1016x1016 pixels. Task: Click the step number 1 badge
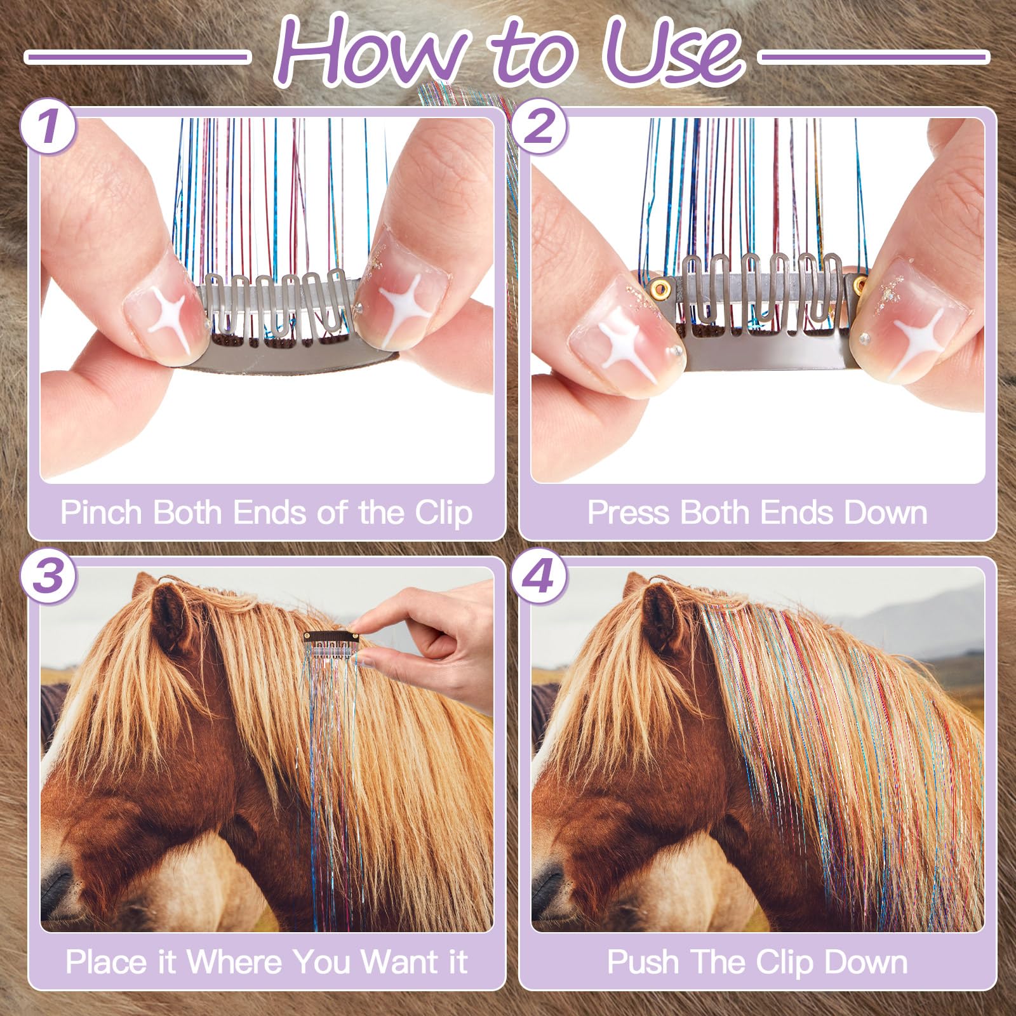[49, 128]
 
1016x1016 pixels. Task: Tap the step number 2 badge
[540, 128]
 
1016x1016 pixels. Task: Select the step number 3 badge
[49, 577]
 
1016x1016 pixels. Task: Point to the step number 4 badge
[540, 577]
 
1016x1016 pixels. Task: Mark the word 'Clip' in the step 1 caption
[443, 512]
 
